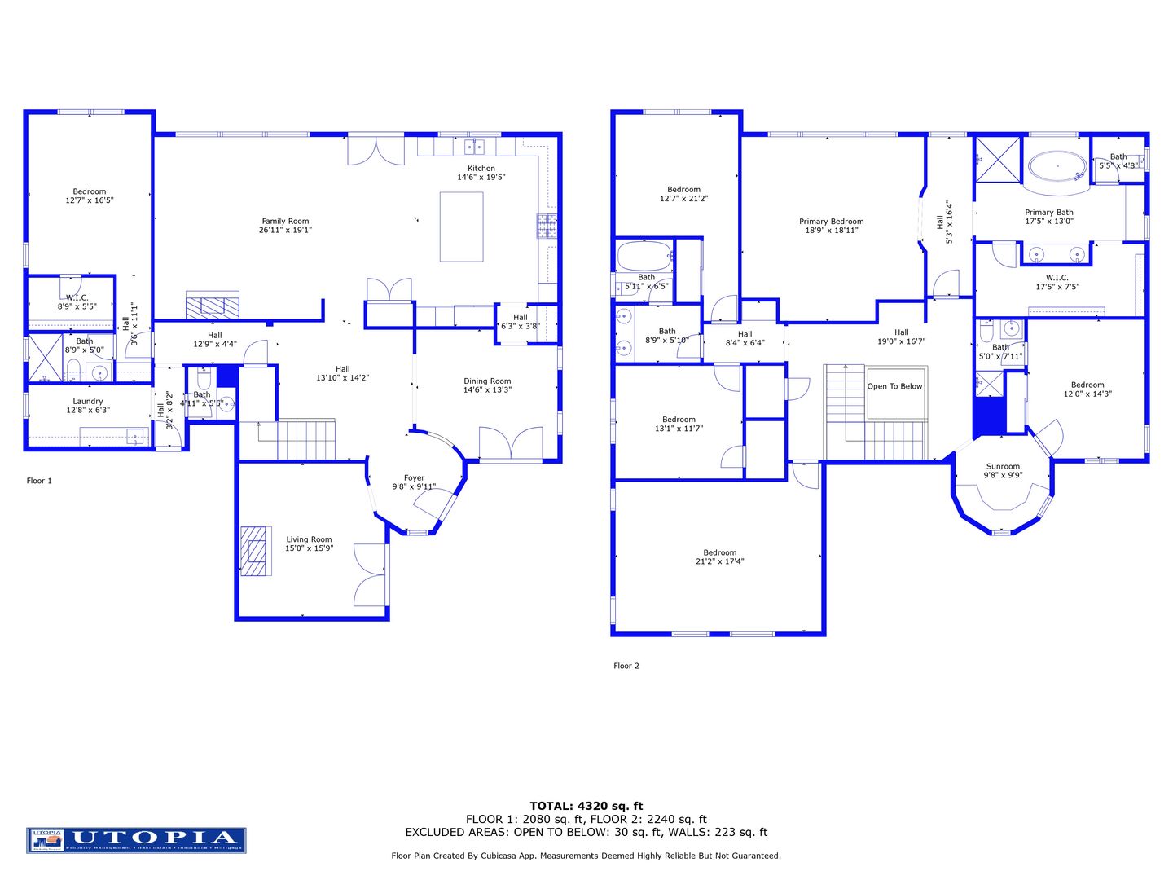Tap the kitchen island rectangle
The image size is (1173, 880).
461,227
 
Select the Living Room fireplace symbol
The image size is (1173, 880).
255,551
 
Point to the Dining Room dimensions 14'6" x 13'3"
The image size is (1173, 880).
487,390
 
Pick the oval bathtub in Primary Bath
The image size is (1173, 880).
1057,168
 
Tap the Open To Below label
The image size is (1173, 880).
894,386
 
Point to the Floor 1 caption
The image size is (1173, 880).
39,481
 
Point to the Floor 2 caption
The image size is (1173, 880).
626,666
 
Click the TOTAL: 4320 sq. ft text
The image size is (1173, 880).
586,806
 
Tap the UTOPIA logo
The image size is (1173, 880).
136,840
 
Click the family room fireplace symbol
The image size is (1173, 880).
213,305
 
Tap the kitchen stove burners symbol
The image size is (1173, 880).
547,226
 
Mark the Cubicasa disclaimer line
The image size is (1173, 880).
586,856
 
